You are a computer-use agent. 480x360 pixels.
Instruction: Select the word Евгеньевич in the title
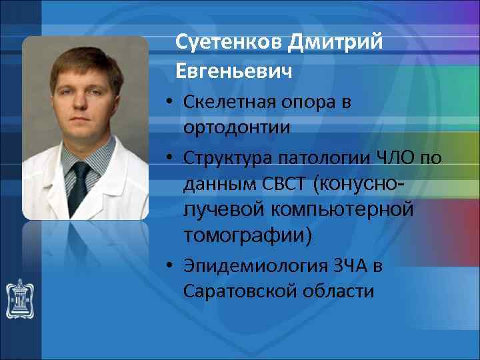(x=234, y=70)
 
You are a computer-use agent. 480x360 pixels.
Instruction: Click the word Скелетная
(x=230, y=103)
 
